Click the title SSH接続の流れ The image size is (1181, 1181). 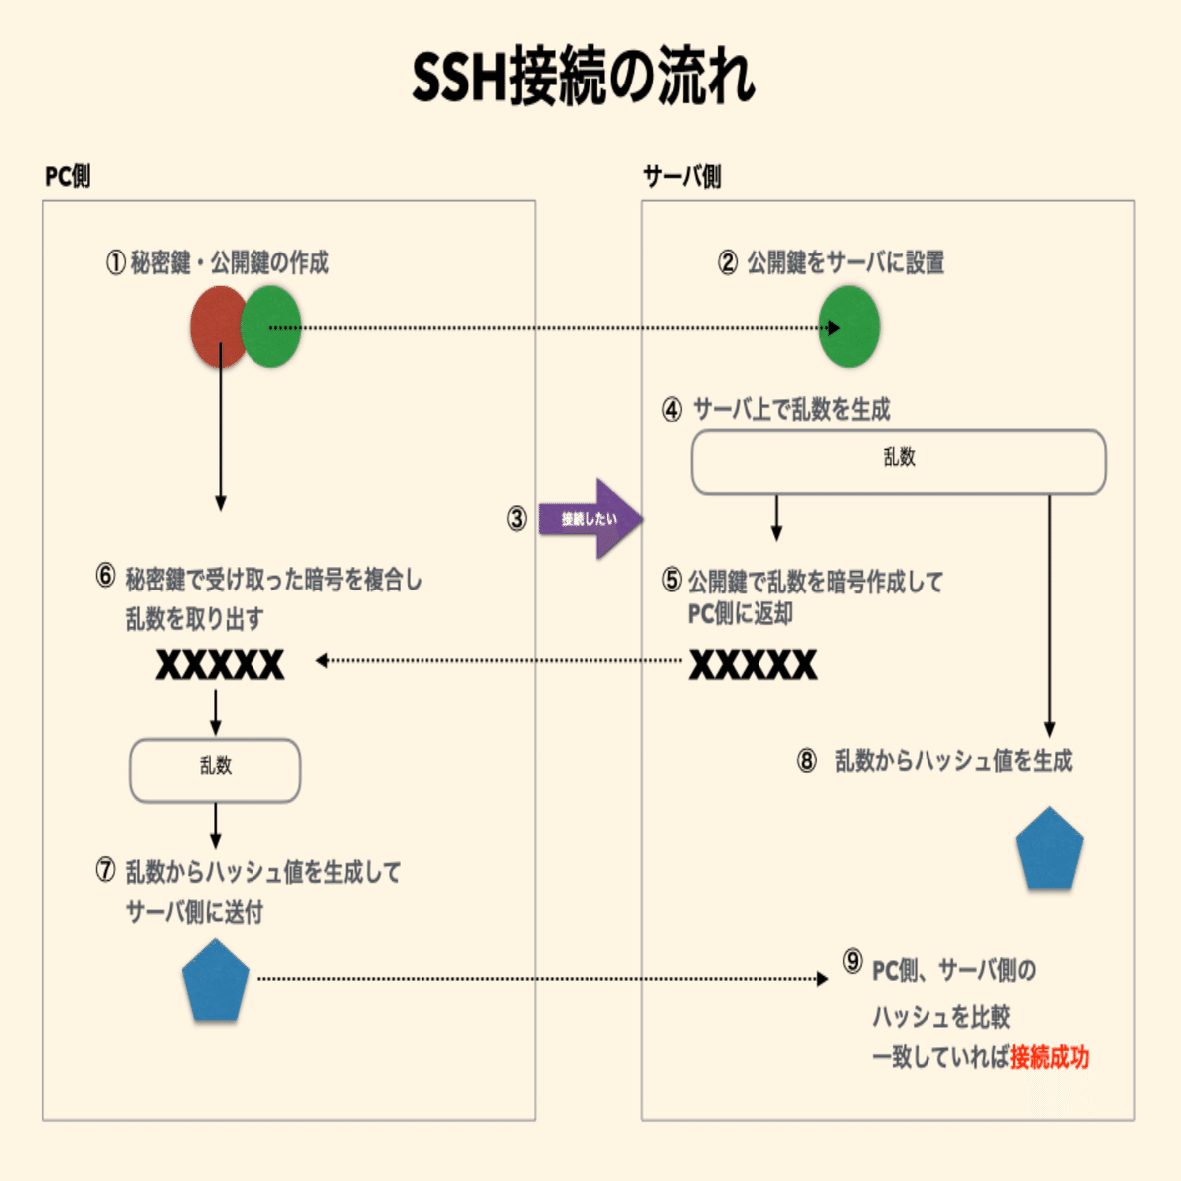click(584, 77)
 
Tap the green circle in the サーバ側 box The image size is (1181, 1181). click(850, 326)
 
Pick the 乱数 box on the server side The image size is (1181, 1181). click(899, 461)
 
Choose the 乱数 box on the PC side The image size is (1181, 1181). click(216, 769)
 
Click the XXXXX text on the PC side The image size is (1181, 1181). click(220, 664)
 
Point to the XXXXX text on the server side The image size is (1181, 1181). click(753, 664)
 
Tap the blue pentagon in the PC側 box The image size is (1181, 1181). click(216, 981)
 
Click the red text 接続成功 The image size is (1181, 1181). click(1049, 1057)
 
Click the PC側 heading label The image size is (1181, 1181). click(68, 176)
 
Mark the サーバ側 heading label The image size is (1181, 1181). click(682, 176)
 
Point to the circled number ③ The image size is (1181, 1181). click(517, 518)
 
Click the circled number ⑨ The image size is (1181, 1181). click(853, 961)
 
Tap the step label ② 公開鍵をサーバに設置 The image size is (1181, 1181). click(831, 262)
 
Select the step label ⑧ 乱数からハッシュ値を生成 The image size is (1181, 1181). click(934, 761)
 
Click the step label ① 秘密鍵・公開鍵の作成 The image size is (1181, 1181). click(218, 262)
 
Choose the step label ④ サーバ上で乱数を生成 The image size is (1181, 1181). click(776, 409)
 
